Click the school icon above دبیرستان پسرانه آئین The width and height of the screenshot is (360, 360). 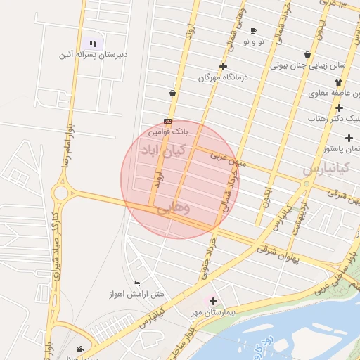pos(91,44)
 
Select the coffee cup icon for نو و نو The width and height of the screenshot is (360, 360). pos(253,30)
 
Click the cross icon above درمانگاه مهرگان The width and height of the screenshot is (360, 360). pos(223,67)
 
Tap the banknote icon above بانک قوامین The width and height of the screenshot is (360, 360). pos(167,121)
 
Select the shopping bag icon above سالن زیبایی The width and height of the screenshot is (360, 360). pos(307,54)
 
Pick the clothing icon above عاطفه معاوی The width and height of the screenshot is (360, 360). pos(338,82)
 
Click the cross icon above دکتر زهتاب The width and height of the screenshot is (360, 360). pos(339,108)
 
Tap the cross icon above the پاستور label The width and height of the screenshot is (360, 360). pos(348,138)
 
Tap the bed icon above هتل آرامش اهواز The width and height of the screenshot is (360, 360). pos(136,283)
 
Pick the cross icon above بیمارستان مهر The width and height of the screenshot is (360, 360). pos(213,301)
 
